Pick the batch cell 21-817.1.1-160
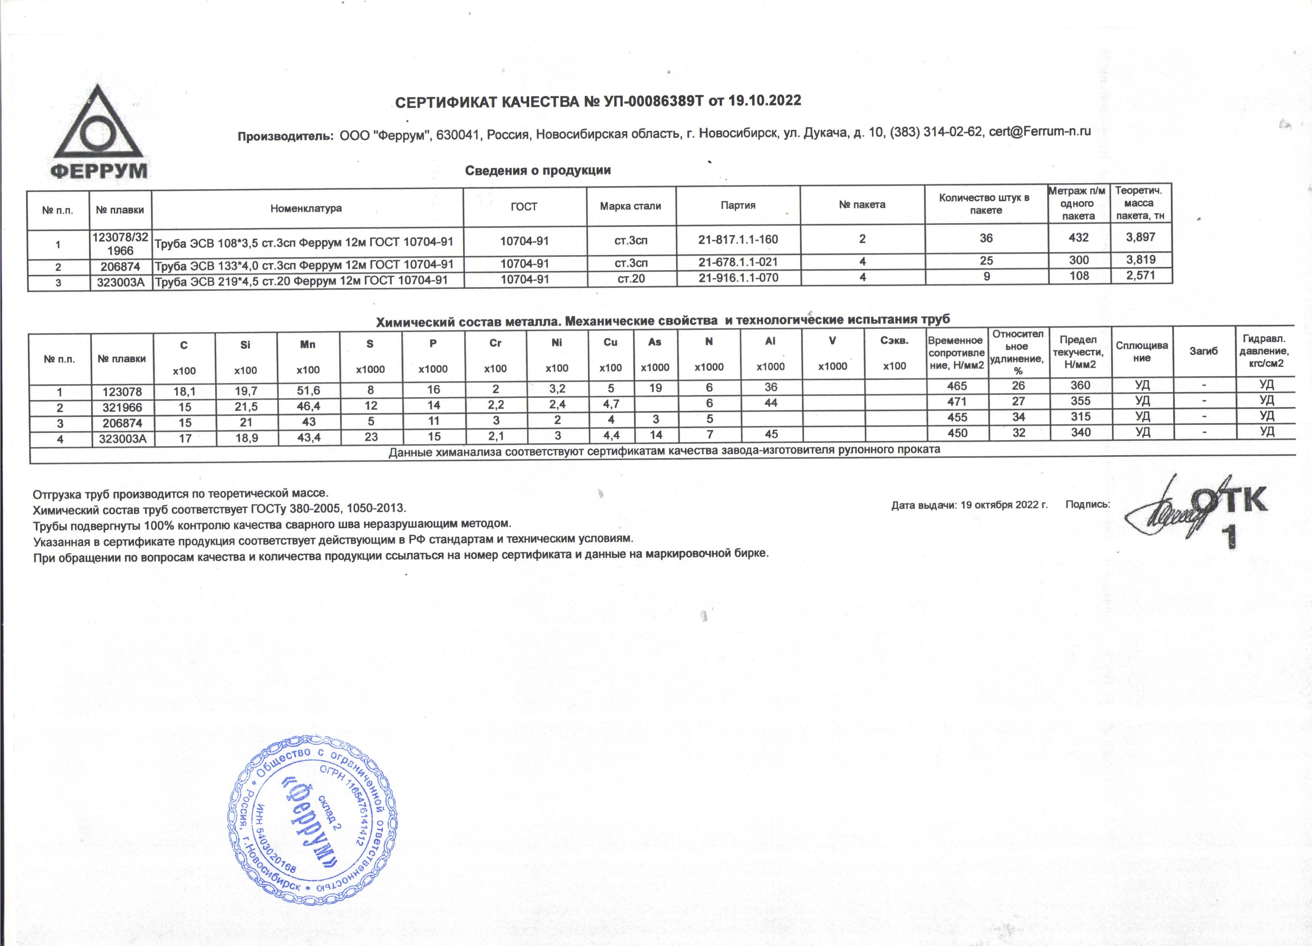738,239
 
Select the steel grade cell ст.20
631,279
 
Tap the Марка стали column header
630,206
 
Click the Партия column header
738,205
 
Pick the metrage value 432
1079,237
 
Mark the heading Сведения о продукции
538,170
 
